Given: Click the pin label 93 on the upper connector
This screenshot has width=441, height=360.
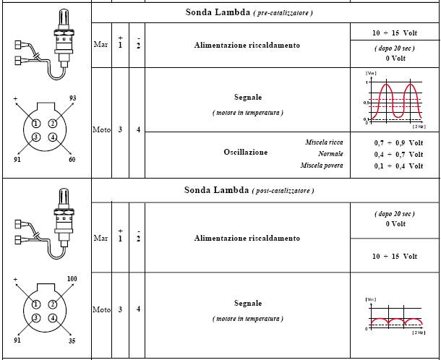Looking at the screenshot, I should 72,98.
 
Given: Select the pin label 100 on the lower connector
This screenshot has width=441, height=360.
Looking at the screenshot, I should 72,278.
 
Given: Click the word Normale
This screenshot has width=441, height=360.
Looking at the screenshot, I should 330,154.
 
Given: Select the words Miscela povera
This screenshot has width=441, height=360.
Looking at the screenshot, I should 322,166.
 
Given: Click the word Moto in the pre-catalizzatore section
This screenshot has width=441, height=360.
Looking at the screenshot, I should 102,130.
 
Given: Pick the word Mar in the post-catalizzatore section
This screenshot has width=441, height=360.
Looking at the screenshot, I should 101,238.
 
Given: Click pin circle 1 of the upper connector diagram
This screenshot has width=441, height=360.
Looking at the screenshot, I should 35,123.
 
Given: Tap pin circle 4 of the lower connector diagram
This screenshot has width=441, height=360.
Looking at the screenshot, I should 53,318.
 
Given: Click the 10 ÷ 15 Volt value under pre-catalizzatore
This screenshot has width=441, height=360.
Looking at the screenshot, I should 395,34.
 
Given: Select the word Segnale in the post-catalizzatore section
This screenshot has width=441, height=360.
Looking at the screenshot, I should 247,303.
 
